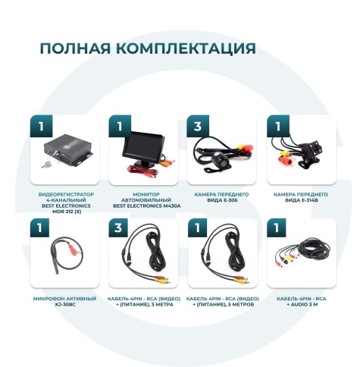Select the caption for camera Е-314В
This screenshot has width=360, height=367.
(301, 197)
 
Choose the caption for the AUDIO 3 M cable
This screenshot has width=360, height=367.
(301, 302)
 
